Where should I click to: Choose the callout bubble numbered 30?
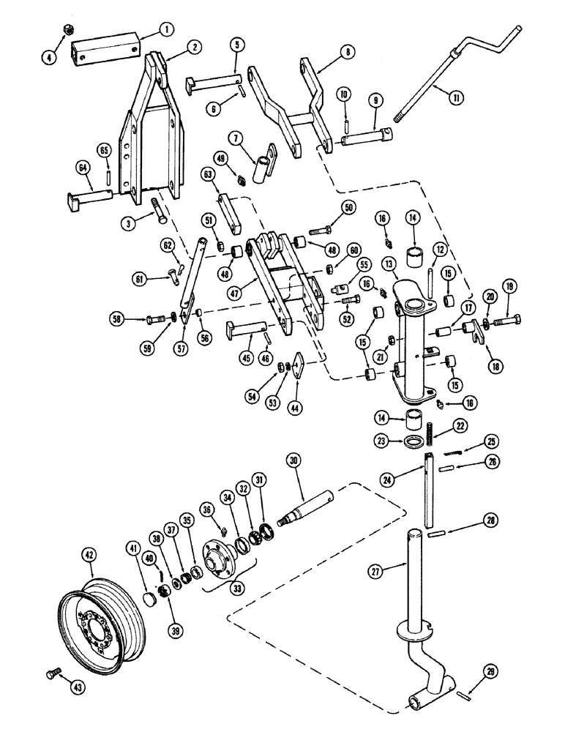(x=293, y=461)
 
